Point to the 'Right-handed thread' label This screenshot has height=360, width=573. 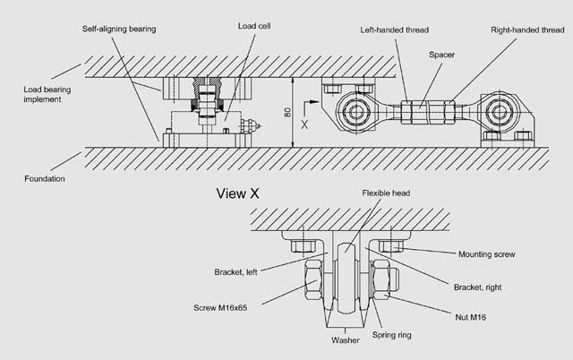click(x=527, y=29)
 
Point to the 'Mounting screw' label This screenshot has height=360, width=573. click(x=487, y=254)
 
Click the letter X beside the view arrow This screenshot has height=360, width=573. click(x=305, y=125)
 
